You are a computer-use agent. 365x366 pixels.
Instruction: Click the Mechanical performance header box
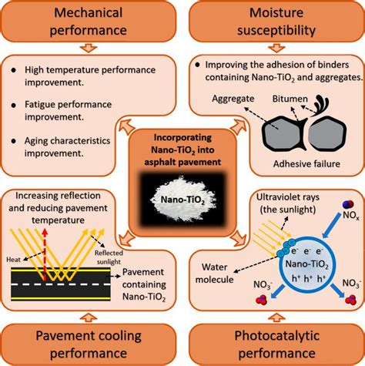tap(89, 21)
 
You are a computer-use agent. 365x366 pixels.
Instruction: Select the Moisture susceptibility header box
tap(276, 21)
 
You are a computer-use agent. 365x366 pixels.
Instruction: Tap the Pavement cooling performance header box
tap(89, 344)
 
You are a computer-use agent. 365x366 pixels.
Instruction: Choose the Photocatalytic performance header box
tap(276, 344)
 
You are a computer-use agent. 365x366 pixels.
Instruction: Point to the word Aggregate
tap(233, 99)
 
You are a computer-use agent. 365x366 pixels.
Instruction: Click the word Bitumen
tap(290, 99)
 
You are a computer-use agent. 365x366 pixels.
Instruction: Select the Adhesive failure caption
tap(306, 163)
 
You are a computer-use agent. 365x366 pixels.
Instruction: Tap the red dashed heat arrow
tap(45, 254)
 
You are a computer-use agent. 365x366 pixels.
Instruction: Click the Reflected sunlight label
tap(109, 257)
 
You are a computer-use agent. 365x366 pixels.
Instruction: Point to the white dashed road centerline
tap(61, 284)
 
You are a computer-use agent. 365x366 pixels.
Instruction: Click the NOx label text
tap(351, 216)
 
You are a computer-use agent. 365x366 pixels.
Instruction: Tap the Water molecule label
tap(214, 273)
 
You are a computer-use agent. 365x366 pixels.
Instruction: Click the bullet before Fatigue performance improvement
tap(14, 105)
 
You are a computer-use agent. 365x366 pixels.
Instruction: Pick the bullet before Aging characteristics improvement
tap(14, 141)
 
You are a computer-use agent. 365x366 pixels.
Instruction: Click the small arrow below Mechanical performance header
tap(89, 49)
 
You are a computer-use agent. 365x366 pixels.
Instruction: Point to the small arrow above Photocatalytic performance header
tap(276, 317)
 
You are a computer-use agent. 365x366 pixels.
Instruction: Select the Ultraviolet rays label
tap(288, 203)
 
